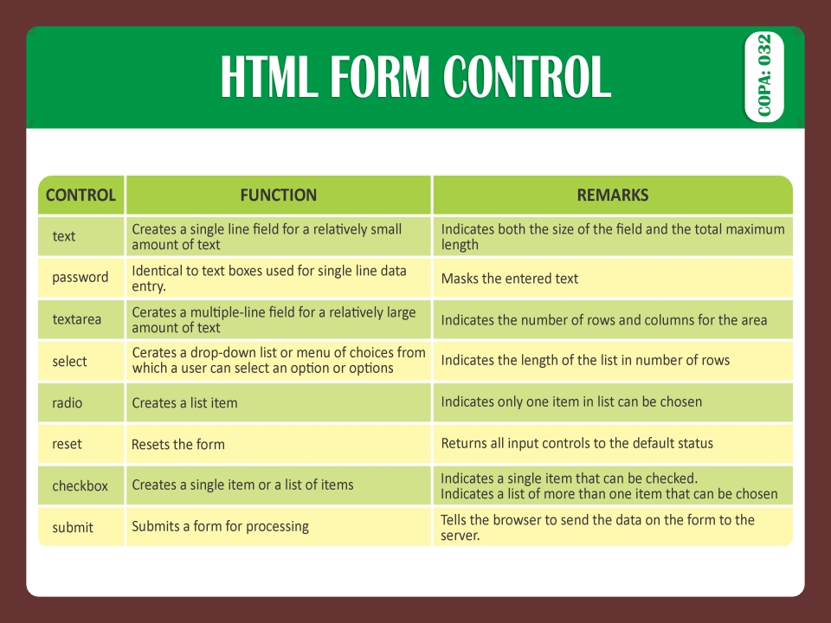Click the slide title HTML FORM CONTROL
[415, 78]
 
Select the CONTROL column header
[81, 195]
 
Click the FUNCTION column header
[279, 195]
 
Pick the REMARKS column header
[613, 195]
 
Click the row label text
[64, 236]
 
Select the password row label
[81, 278]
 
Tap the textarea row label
[77, 319]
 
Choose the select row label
[70, 361]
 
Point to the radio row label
[68, 402]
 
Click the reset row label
[68, 444]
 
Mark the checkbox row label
[81, 485]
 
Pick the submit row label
[73, 527]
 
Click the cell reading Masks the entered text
[510, 279]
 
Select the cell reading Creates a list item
[184, 402]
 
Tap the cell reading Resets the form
[178, 445]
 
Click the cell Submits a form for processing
[220, 526]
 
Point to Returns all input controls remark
[577, 443]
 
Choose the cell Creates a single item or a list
[242, 485]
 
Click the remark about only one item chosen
[571, 401]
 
